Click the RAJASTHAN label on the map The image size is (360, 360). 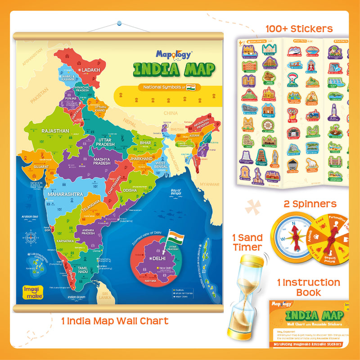tap(55, 131)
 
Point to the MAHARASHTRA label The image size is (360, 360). tap(63, 194)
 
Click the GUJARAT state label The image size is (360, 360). tap(40, 166)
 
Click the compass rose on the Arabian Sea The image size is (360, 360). tap(31, 237)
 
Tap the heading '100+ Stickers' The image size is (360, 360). tap(299, 29)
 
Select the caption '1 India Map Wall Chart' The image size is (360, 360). tap(115, 321)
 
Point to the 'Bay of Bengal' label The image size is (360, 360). tap(179, 192)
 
